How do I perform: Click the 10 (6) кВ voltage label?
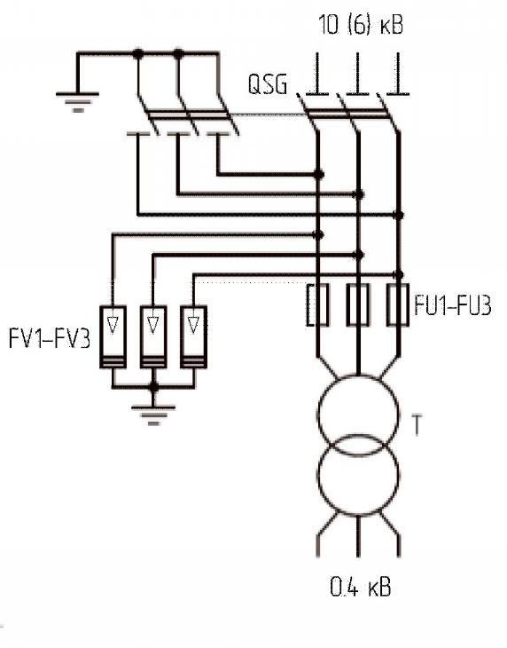click(361, 24)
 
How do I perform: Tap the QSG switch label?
click(268, 84)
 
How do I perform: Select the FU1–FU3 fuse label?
click(453, 306)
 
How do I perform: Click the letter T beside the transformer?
click(417, 425)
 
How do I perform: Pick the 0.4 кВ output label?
click(361, 587)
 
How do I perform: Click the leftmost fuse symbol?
click(317, 305)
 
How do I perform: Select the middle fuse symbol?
click(358, 305)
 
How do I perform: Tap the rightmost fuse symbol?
click(398, 305)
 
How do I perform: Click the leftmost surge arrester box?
click(113, 336)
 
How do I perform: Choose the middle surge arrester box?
click(153, 336)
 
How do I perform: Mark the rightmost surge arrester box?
click(193, 336)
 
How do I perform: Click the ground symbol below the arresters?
click(153, 415)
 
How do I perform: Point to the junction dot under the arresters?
click(153, 387)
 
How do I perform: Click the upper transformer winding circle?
click(358, 415)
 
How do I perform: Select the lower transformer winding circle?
click(358, 475)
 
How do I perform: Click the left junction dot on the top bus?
click(138, 54)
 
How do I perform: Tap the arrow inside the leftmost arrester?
click(113, 325)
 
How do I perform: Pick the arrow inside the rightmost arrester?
click(193, 325)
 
